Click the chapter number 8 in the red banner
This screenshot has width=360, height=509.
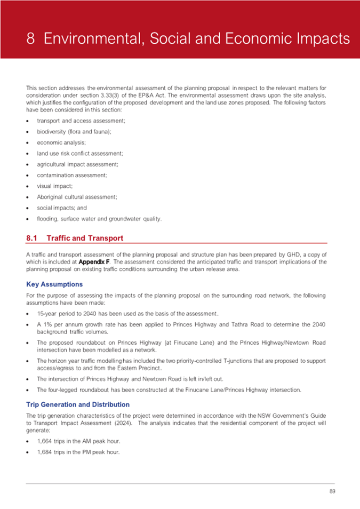click(32, 39)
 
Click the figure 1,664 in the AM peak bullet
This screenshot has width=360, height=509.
click(45, 442)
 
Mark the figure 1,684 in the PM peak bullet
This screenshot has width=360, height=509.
click(45, 453)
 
